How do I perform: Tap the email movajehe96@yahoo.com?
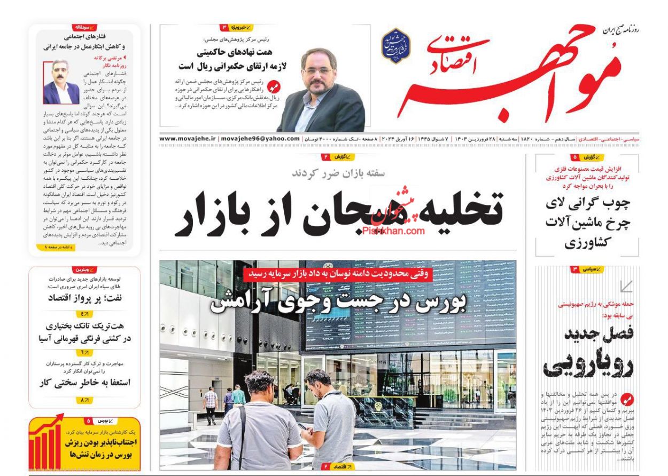[260, 139]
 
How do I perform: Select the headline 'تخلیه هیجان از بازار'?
[339, 212]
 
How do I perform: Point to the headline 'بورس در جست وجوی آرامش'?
[338, 302]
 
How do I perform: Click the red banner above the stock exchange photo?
[338, 273]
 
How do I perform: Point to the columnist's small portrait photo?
[61, 83]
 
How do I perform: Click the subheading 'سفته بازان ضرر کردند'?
[338, 172]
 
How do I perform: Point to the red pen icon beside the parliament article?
[273, 86]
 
